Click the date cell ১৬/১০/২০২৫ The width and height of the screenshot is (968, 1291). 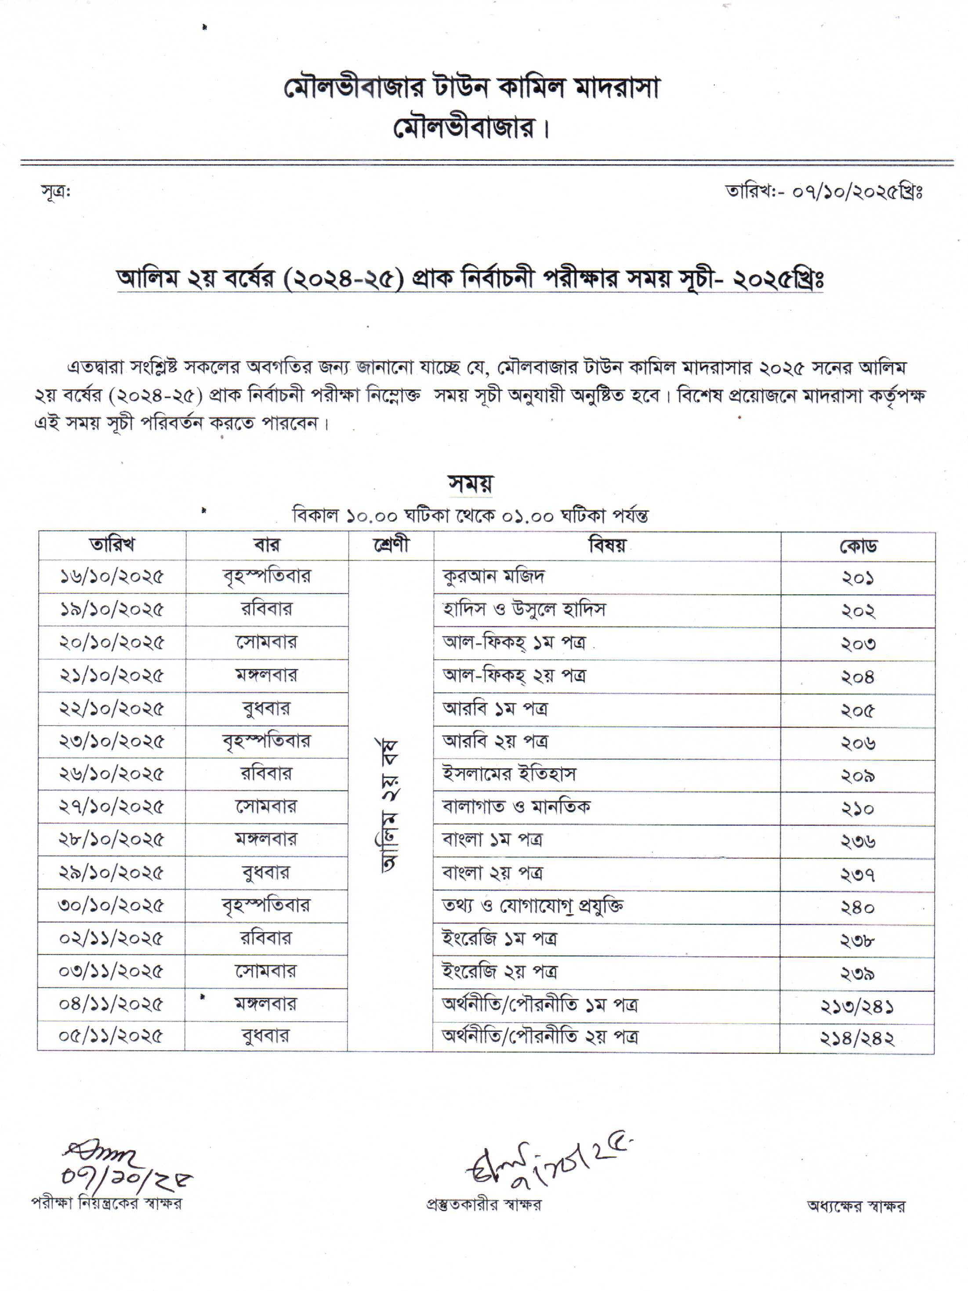[x=112, y=577]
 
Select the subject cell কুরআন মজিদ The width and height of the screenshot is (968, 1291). [x=493, y=577]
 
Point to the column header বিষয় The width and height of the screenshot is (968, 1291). [x=607, y=546]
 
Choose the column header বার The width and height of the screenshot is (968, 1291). [x=267, y=545]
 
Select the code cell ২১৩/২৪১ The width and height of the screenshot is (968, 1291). [x=857, y=1005]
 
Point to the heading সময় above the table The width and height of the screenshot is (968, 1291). [x=471, y=483]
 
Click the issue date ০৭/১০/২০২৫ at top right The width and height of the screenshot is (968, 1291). [x=841, y=192]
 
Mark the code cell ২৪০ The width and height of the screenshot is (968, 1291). [x=857, y=907]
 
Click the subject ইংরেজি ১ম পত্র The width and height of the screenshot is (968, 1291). [x=499, y=938]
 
